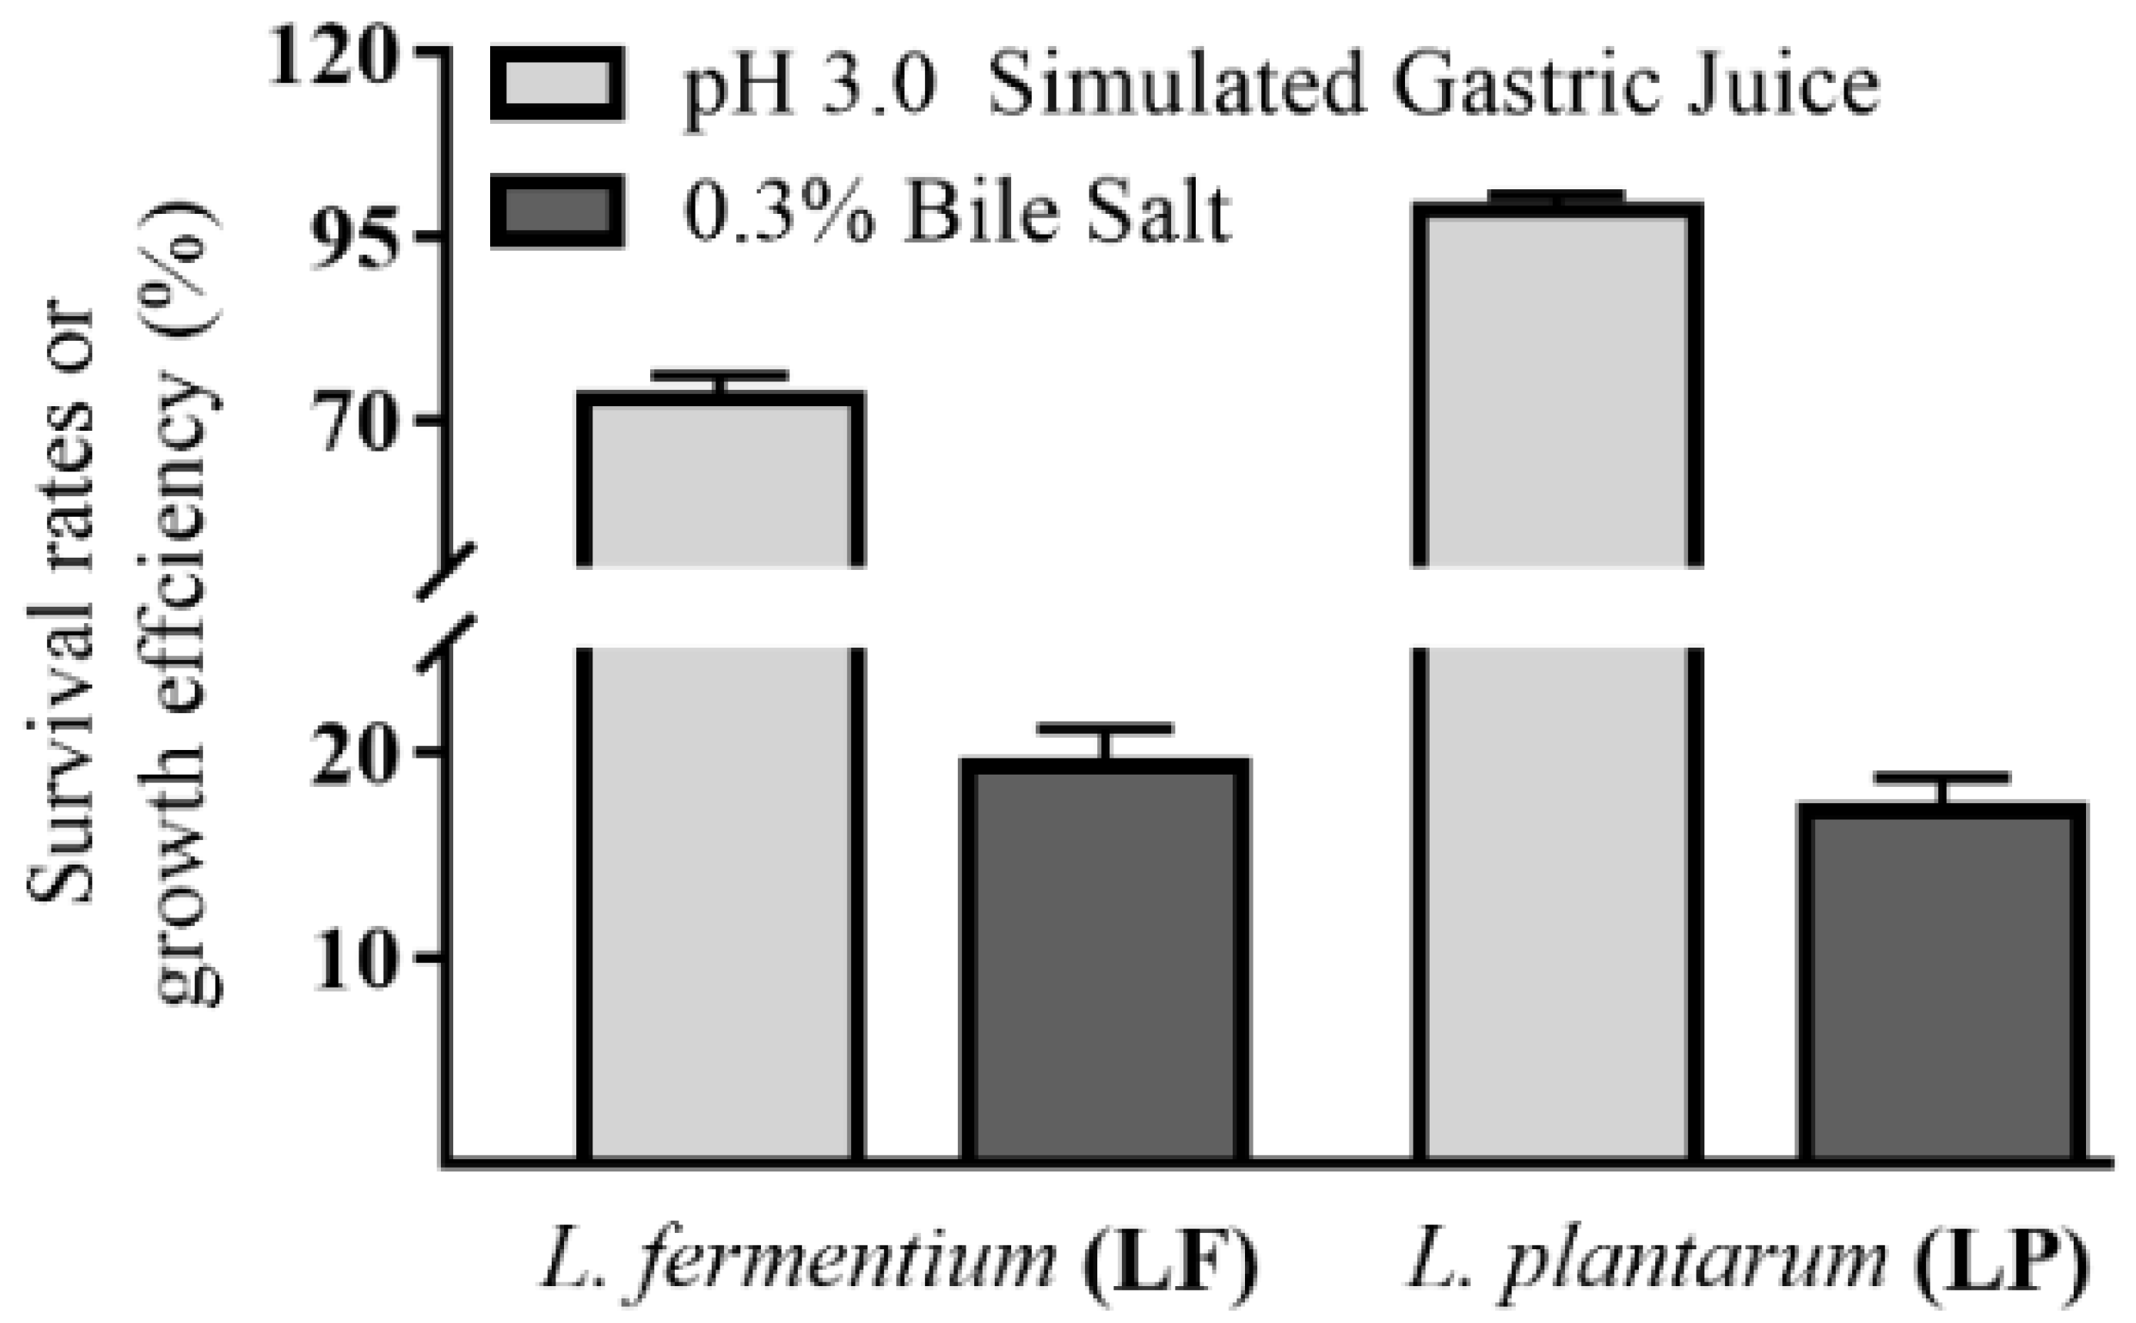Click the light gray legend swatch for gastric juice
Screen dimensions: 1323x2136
(x=556, y=84)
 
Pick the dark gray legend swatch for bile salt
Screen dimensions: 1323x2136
(x=556, y=211)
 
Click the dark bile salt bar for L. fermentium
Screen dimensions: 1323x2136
(x=1104, y=962)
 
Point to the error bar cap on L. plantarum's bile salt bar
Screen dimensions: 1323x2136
(x=1942, y=778)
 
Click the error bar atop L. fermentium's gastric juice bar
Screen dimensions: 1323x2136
(x=720, y=376)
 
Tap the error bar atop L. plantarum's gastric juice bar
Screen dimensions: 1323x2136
(x=1557, y=196)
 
